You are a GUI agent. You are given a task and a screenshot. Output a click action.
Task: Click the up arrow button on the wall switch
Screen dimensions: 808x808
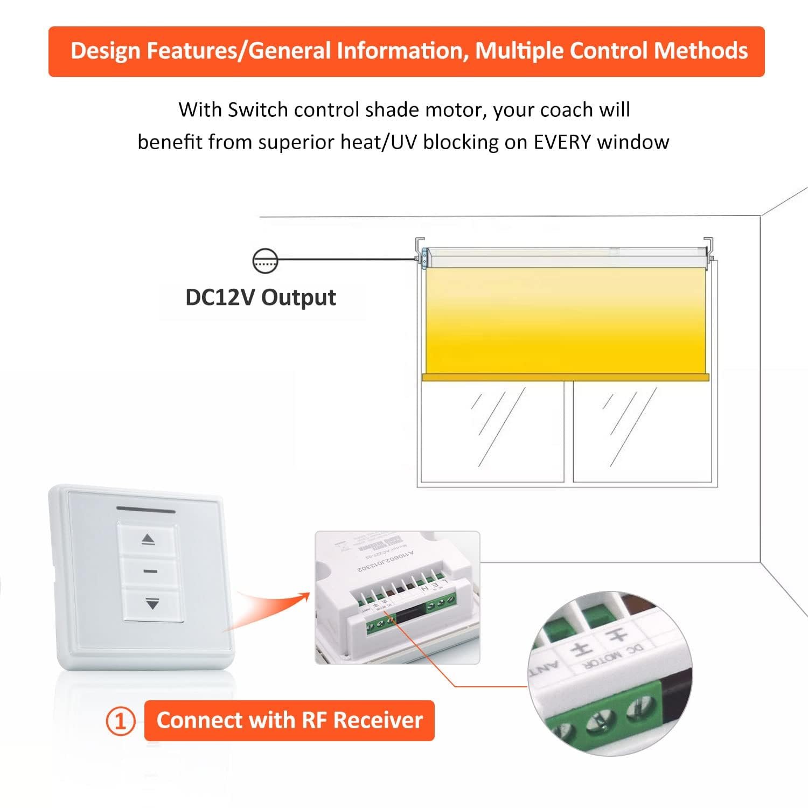(x=148, y=539)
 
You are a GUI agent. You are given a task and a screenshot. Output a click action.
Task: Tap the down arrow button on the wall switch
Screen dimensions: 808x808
(x=152, y=604)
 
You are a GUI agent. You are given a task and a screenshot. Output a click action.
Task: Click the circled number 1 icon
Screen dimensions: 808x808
(x=120, y=721)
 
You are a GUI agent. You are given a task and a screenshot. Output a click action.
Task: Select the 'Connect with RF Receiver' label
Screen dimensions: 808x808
(x=289, y=720)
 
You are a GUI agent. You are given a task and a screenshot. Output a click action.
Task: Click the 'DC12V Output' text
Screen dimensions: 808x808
(x=261, y=297)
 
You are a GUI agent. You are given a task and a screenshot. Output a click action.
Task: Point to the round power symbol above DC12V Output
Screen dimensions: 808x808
(x=264, y=260)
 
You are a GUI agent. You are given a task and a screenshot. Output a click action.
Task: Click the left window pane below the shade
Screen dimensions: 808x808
(x=491, y=431)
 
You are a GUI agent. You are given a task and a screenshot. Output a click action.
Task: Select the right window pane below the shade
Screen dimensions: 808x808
(x=644, y=431)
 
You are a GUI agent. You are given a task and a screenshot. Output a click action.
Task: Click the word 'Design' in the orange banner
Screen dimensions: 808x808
(x=106, y=51)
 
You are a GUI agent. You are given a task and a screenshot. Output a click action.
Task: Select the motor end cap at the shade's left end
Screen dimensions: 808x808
(x=426, y=257)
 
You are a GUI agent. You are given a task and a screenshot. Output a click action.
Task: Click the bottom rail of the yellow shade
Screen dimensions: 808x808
(x=566, y=378)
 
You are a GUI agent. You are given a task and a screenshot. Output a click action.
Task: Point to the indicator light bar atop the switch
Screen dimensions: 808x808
(x=146, y=509)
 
